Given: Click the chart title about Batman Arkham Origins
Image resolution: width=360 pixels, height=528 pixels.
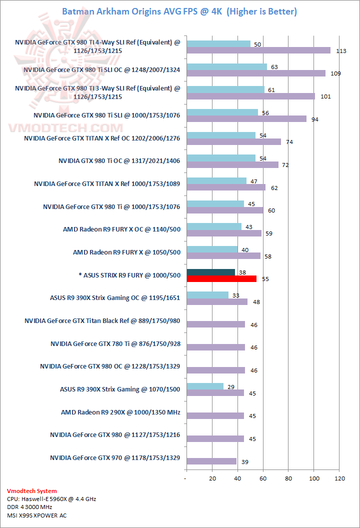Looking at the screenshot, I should coord(179,11).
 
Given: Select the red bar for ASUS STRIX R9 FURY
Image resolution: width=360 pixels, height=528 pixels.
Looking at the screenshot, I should coord(221,278).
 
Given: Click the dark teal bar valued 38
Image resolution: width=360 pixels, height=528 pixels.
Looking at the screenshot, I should coord(210,272).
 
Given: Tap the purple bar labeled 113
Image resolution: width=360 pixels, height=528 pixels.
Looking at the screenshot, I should coord(257,50).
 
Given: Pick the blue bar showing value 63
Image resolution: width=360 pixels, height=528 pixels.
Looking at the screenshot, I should coord(226,66).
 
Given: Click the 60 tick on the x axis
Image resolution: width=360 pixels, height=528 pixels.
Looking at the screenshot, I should coord(262,478).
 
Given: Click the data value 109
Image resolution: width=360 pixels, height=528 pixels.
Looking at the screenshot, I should coord(335,73).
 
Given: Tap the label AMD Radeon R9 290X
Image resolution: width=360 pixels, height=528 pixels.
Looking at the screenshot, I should coord(120,413).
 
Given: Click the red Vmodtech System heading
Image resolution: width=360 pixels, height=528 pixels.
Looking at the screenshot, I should coord(32,491).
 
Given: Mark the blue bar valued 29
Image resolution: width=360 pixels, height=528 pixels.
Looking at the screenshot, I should coord(204,386).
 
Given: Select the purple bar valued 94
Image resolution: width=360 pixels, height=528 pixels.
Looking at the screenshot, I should coord(246,119).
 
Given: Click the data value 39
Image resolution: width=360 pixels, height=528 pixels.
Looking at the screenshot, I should coord(244,461).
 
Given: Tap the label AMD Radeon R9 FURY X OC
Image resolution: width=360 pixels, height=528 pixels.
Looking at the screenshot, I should coord(121,229).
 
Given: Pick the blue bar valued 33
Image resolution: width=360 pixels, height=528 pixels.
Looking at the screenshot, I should coord(207,295).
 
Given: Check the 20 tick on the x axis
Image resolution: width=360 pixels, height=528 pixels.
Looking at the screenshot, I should coord(212,478).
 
